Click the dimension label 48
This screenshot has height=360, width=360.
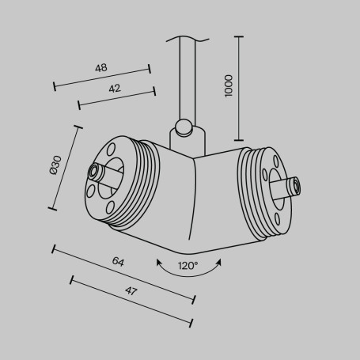100,68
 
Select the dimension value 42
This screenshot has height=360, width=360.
115,89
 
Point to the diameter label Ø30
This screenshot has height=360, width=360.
55,165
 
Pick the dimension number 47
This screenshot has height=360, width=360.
131,291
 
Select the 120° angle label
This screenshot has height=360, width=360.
188,265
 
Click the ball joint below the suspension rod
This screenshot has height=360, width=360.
183,126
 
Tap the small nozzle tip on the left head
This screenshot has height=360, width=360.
95,171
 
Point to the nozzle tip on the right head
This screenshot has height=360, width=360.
296,187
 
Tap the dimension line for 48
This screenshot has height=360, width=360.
101,78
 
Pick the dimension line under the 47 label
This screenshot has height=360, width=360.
131,301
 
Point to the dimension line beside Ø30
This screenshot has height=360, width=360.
66,167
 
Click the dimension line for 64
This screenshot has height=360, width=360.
123,274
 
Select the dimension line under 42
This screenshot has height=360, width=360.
116,98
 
